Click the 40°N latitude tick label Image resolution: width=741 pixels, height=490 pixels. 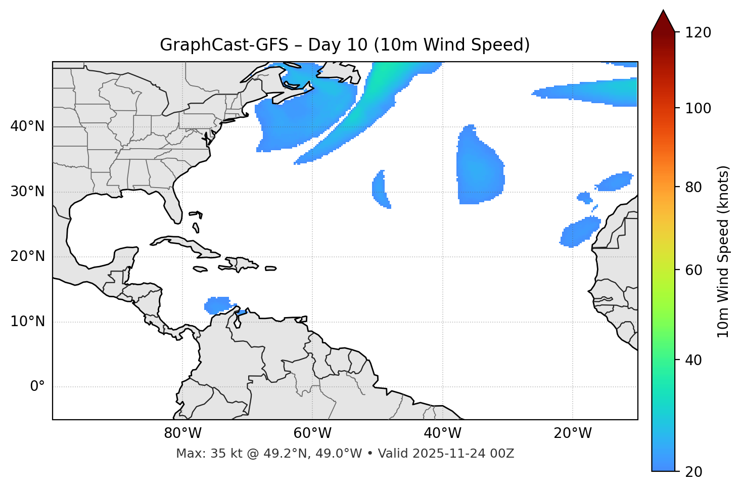(x=27, y=126)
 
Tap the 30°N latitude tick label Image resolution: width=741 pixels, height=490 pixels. (x=27, y=192)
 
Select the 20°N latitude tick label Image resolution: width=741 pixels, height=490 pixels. (x=27, y=256)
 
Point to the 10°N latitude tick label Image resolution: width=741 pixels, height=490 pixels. (x=27, y=322)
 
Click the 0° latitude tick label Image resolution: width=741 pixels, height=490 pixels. (x=37, y=387)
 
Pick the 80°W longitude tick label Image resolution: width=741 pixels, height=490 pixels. (x=182, y=433)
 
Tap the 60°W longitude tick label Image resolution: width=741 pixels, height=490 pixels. (x=312, y=433)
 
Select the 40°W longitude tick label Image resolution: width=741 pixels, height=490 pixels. (x=442, y=433)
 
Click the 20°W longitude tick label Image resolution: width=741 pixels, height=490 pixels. (x=573, y=433)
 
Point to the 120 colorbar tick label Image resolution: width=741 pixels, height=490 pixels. (x=698, y=33)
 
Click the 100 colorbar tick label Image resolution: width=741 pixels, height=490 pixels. (x=698, y=108)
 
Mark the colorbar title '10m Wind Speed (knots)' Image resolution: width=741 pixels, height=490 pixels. (x=723, y=251)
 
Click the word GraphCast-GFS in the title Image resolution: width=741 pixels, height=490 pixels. (x=224, y=45)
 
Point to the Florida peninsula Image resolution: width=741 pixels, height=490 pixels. (x=173, y=207)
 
